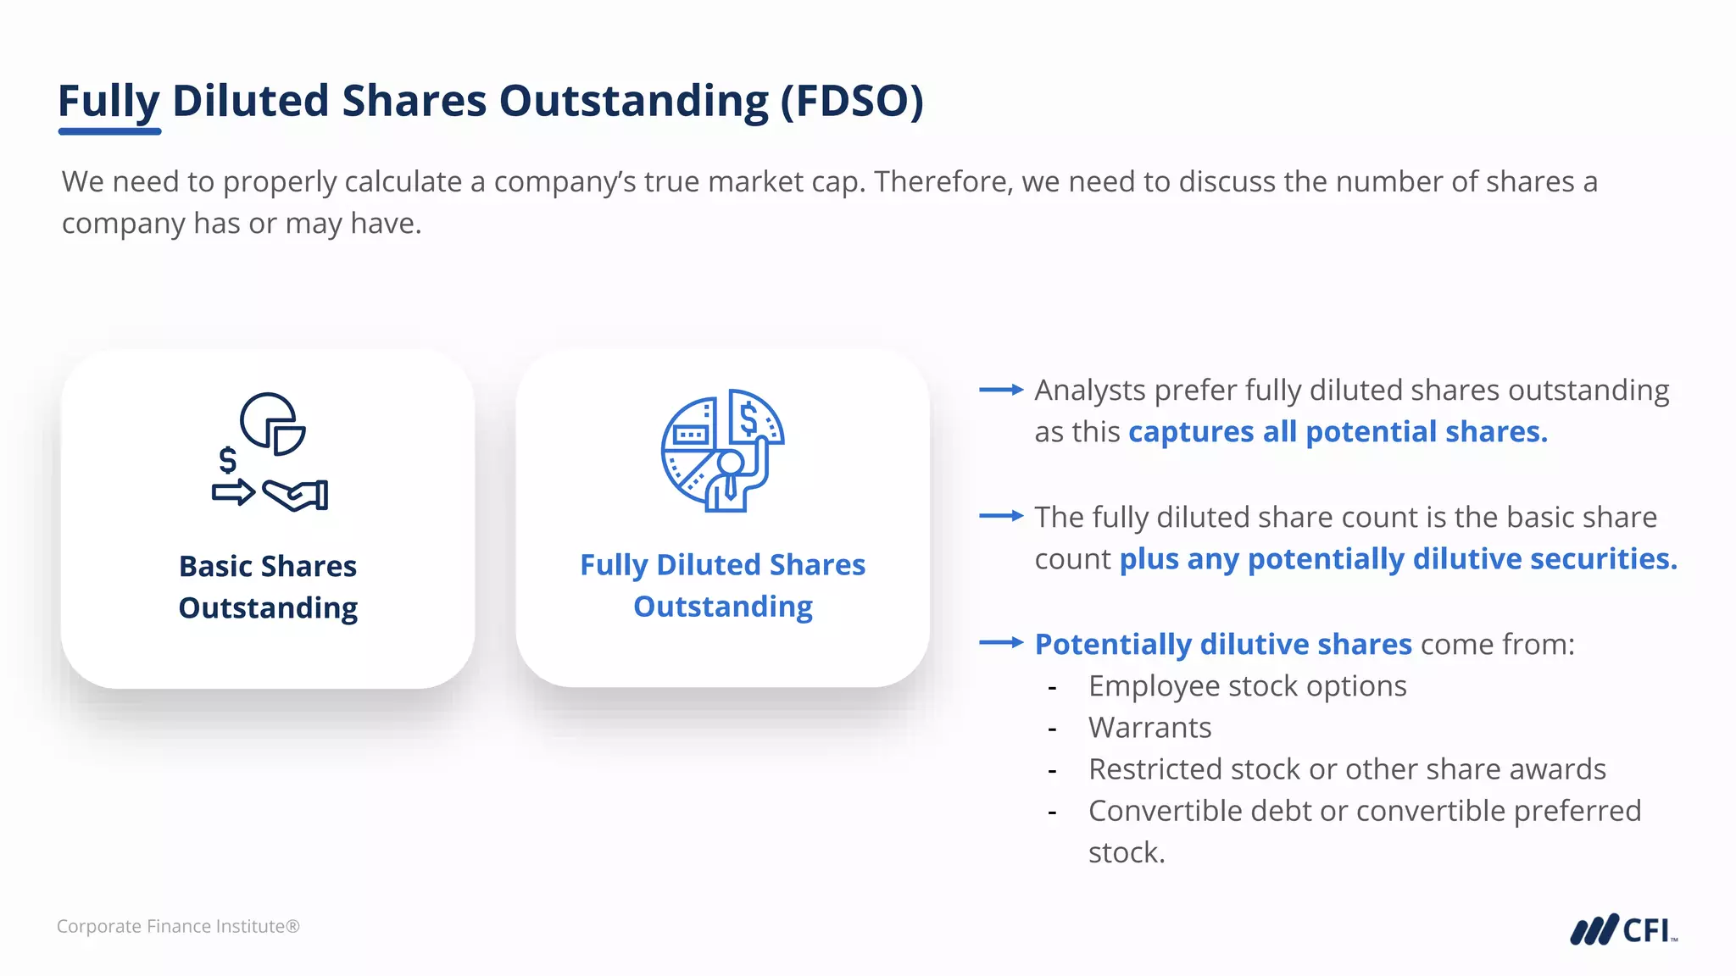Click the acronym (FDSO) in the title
click(852, 102)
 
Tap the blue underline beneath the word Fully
click(109, 131)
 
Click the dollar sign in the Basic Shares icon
click(227, 460)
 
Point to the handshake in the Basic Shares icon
click(295, 495)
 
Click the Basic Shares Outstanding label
click(268, 586)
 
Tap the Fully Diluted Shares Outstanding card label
click(722, 585)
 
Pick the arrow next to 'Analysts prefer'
click(1001, 390)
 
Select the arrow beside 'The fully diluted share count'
click(1001, 516)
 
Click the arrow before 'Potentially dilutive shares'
click(1001, 643)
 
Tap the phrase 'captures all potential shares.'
click(1338, 432)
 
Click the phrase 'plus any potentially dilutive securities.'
click(1398, 559)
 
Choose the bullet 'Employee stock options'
click(1247, 686)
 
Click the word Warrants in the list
click(1149, 728)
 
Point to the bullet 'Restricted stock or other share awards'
click(1347, 769)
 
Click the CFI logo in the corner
click(1623, 929)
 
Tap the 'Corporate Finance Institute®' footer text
click(178, 926)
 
